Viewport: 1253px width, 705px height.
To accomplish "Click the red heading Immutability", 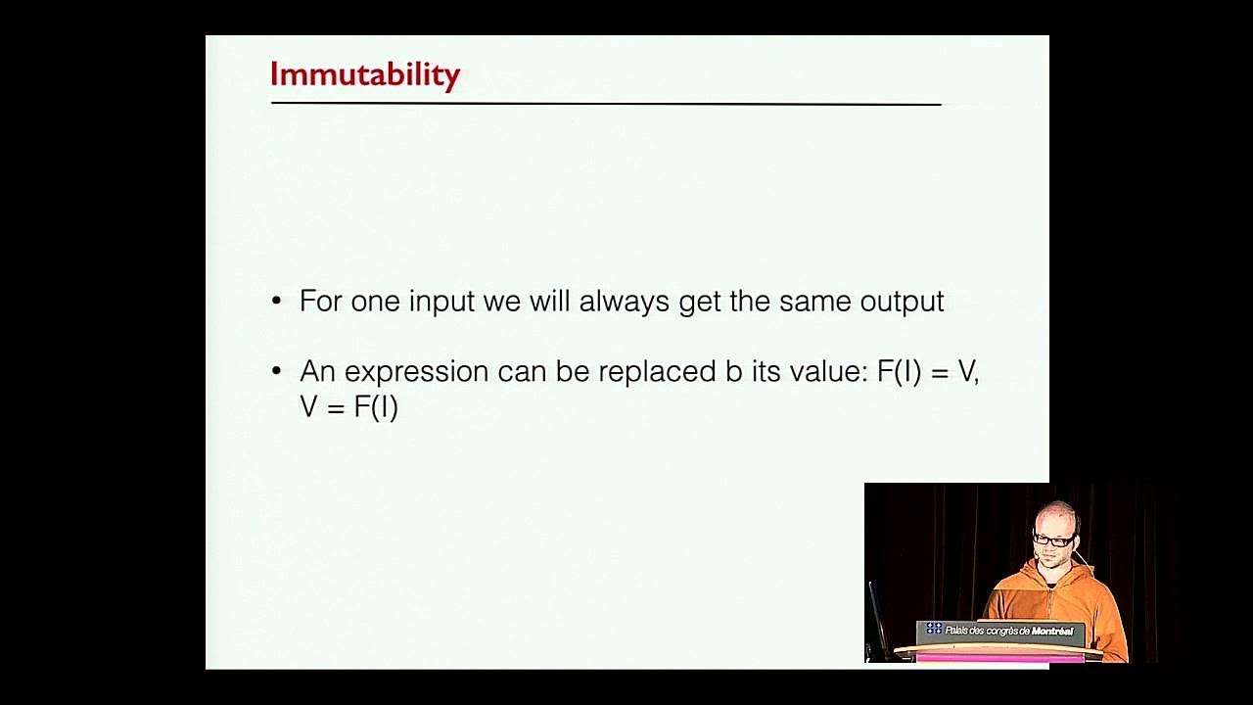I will point(364,74).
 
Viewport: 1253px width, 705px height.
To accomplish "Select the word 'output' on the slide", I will point(902,302).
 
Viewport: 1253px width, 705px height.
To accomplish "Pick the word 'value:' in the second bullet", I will point(821,372).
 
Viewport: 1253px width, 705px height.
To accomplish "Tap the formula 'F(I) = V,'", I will point(928,372).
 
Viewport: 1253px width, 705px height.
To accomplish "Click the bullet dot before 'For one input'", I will point(277,302).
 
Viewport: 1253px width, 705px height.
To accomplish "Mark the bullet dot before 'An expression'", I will point(277,372).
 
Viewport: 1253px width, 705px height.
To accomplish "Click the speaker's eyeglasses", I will point(1053,540).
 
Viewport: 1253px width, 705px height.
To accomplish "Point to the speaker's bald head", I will point(1056,515).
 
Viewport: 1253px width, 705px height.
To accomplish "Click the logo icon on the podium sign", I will point(934,629).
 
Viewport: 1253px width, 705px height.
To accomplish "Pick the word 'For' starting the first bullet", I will point(320,302).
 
